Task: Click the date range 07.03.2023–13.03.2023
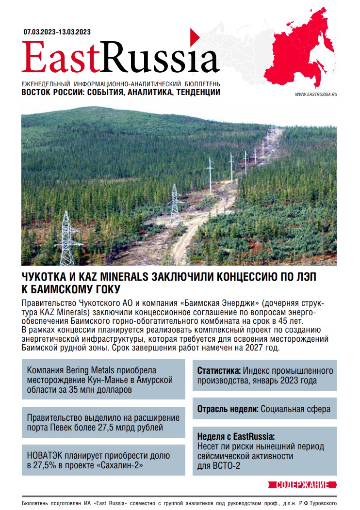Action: (57, 32)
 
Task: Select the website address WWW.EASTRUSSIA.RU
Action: (315, 94)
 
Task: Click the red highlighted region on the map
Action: (301, 48)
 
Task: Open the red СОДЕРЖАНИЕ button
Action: (302, 485)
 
